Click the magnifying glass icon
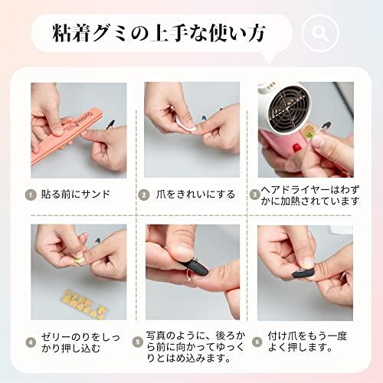pos(320,33)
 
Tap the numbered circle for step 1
pos(31,195)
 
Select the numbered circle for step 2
pos(144,195)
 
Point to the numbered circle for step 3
pos(254,195)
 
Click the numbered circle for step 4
pos(31,342)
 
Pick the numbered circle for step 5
pos(138,342)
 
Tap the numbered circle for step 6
pos(257,342)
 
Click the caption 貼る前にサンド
pos(76,195)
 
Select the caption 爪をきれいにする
pos(195,195)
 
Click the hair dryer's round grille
pos(290,108)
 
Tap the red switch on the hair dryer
pos(296,148)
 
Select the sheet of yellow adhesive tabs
pos(84,304)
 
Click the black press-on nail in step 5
pos(194,267)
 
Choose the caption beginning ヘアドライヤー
pos(309,195)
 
